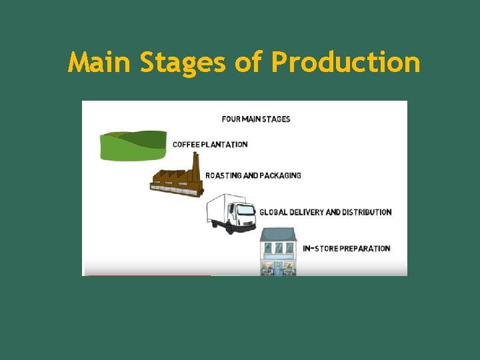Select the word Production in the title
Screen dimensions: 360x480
click(345, 63)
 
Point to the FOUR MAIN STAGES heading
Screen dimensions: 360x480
click(256, 119)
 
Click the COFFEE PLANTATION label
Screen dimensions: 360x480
click(210, 144)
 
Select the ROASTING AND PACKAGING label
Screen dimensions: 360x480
click(253, 176)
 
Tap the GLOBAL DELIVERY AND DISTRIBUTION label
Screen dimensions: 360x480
click(325, 212)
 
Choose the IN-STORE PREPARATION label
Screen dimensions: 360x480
click(347, 249)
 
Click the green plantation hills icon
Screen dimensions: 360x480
click(133, 145)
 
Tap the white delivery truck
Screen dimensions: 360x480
click(231, 212)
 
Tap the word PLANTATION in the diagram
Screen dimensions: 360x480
click(225, 144)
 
